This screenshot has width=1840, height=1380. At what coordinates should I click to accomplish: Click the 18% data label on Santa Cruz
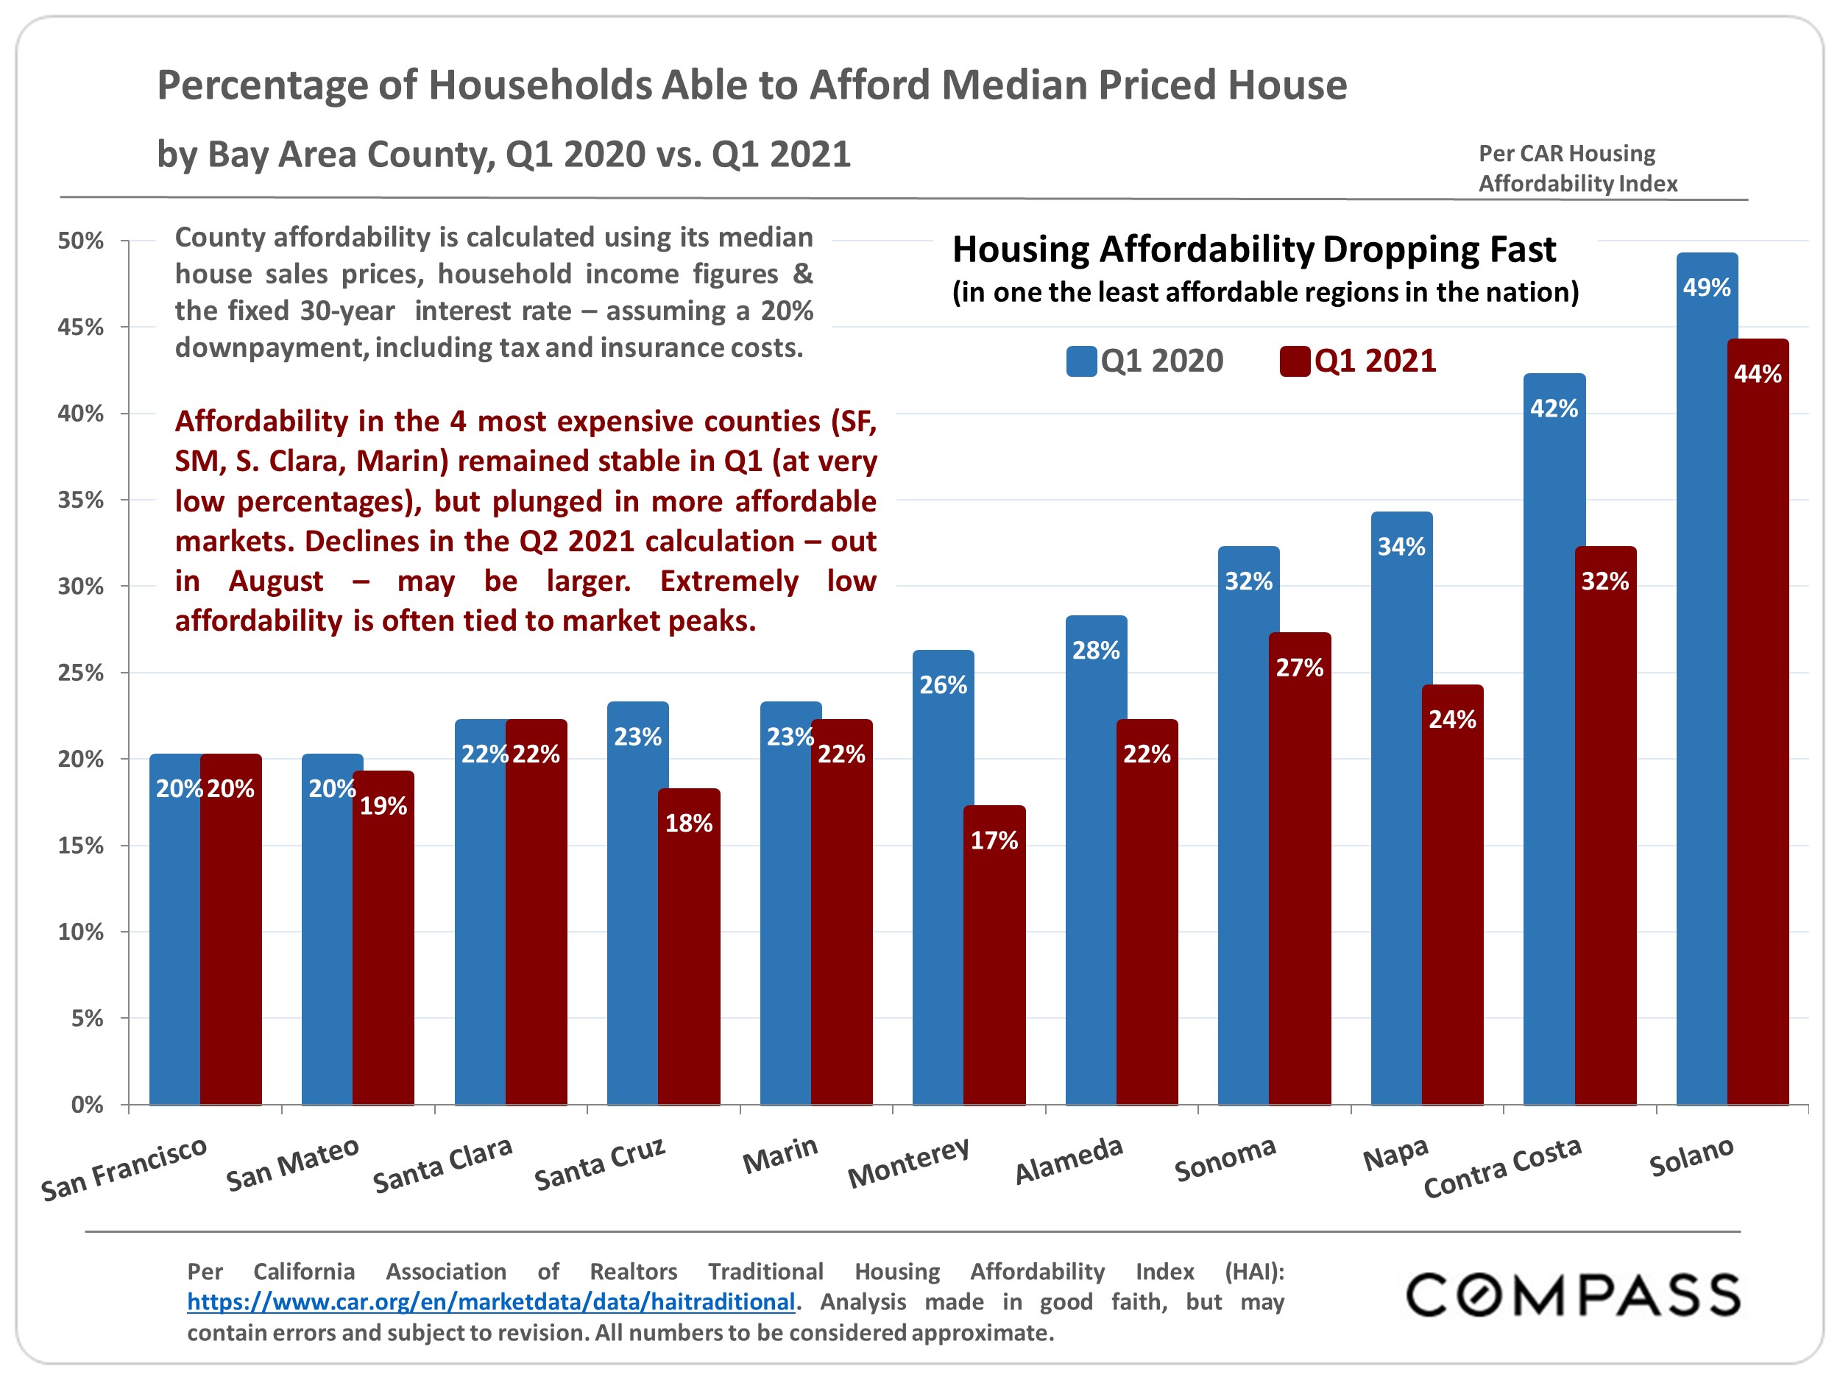click(x=688, y=823)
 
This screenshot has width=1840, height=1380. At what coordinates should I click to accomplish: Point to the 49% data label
click(x=1706, y=288)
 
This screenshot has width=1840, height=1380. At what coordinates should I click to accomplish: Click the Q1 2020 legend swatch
click(x=1081, y=361)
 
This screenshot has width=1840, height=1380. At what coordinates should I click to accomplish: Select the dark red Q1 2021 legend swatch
click(x=1295, y=361)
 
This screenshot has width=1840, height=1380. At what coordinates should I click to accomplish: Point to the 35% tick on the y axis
click(x=81, y=500)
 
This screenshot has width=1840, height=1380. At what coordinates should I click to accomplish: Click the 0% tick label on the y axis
click(x=87, y=1105)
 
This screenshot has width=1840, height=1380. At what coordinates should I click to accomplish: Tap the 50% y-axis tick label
click(x=81, y=241)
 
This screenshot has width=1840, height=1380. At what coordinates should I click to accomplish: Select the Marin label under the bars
click(x=780, y=1156)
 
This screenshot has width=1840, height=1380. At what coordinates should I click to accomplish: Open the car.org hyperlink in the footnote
click(x=491, y=1302)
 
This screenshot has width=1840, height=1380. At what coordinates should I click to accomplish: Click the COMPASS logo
click(x=1572, y=1295)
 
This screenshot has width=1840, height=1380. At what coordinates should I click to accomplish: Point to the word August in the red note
click(x=275, y=581)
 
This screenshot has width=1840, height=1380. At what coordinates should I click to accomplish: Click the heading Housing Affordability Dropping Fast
click(x=1253, y=250)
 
